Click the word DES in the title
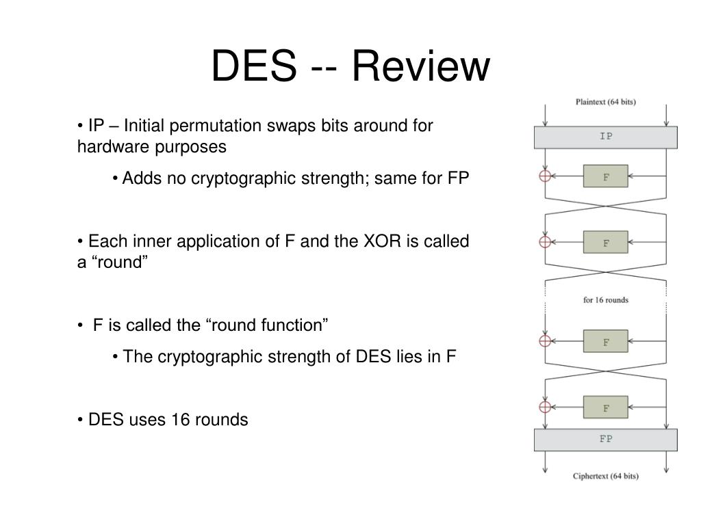click(x=253, y=66)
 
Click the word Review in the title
click(x=421, y=66)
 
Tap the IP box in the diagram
click(x=605, y=137)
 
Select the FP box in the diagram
click(x=605, y=440)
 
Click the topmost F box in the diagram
click(x=605, y=176)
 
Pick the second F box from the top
click(x=605, y=242)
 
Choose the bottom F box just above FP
click(x=605, y=407)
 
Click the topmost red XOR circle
click(x=545, y=176)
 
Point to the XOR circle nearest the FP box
click(x=545, y=407)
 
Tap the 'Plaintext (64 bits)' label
click(x=605, y=102)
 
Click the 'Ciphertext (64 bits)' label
click(x=605, y=476)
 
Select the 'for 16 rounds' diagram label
click(x=605, y=300)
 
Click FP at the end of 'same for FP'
click(x=458, y=178)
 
